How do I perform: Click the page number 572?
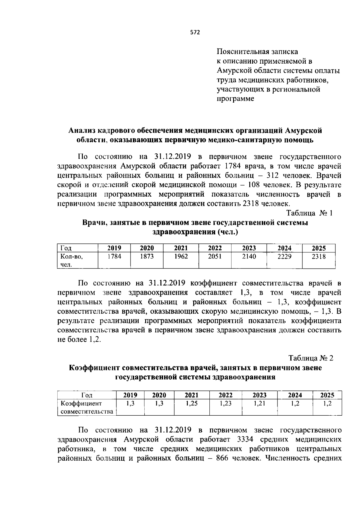195,33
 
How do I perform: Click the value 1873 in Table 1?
147,257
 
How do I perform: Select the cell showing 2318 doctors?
319,257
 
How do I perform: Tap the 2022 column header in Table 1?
215,248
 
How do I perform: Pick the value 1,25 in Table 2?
191,404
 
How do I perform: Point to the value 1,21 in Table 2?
259,404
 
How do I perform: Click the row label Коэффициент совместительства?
87,407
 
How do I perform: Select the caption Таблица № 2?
311,358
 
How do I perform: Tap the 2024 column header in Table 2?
295,395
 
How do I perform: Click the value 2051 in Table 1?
215,257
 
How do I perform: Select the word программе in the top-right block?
235,99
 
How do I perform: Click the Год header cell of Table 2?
87,395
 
